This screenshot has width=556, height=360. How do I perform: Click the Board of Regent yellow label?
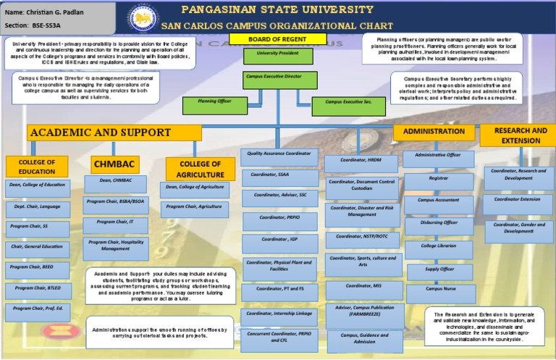tap(268, 39)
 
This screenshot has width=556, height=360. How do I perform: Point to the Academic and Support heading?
tap(114, 133)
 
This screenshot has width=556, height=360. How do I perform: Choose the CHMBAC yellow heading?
tap(116, 164)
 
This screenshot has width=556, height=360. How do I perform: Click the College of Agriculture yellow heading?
tap(201, 169)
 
